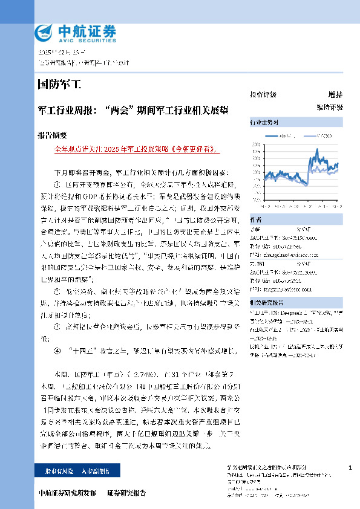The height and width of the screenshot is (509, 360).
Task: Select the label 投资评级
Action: (x=263, y=95)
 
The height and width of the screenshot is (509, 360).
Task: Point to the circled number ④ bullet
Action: (x=57, y=350)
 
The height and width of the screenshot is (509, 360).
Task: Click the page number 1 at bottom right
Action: (x=350, y=468)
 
